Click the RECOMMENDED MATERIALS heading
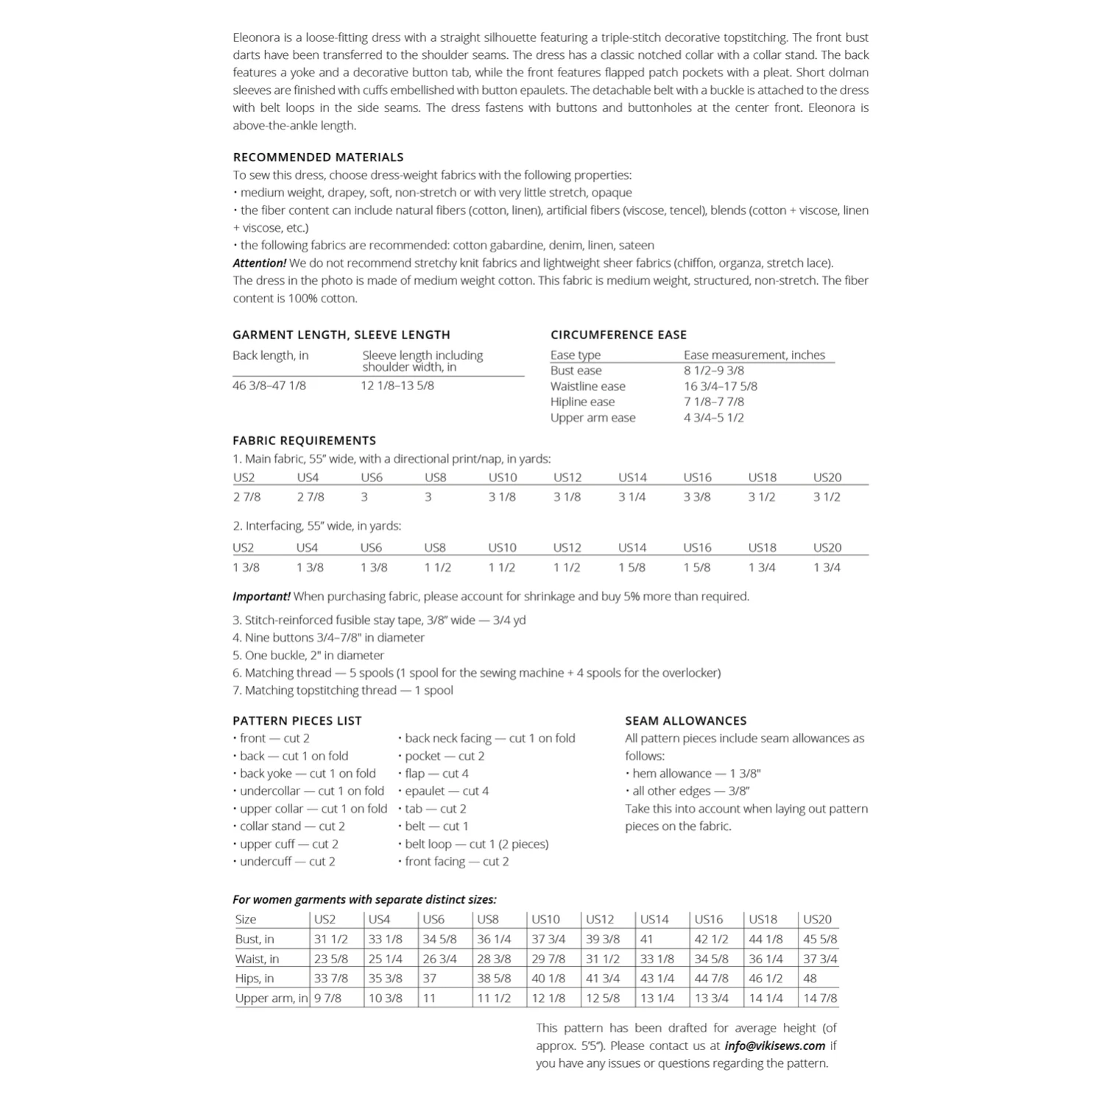coord(318,157)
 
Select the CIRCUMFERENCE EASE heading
coord(618,335)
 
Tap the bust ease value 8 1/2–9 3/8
coord(713,371)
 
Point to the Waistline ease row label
coord(587,386)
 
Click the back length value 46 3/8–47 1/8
coord(269,386)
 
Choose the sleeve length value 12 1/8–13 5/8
coord(397,386)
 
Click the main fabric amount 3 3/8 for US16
coord(696,497)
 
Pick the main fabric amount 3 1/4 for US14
coord(631,497)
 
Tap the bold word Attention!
coord(259,263)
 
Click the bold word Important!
coord(261,596)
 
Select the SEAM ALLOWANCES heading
coord(685,720)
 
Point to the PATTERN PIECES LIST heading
coord(297,720)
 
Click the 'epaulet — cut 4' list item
coord(446,791)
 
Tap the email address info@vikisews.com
coord(774,1046)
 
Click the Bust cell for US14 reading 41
coord(646,939)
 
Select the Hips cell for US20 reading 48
coord(810,979)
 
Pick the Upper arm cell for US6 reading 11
coord(429,999)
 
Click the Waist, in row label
coord(257,959)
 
